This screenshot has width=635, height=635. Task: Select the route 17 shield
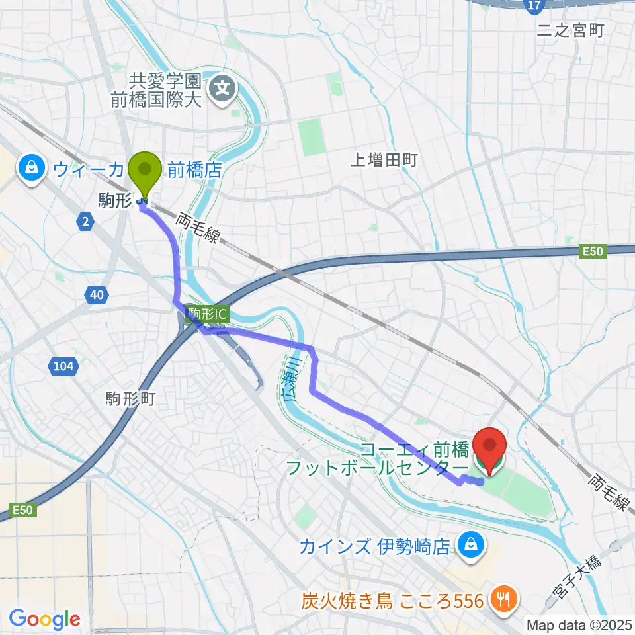pyautogui.click(x=535, y=6)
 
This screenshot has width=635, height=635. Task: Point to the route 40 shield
pyautogui.click(x=97, y=295)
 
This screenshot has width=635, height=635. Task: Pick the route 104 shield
pyautogui.click(x=64, y=364)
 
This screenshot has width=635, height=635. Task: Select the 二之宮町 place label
pyautogui.click(x=571, y=30)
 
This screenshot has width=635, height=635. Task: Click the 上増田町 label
pyautogui.click(x=384, y=159)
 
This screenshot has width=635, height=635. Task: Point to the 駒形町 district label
pyautogui.click(x=130, y=398)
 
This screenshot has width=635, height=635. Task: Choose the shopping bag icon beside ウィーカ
pyautogui.click(x=31, y=169)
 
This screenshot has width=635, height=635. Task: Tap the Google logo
pyautogui.click(x=44, y=618)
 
